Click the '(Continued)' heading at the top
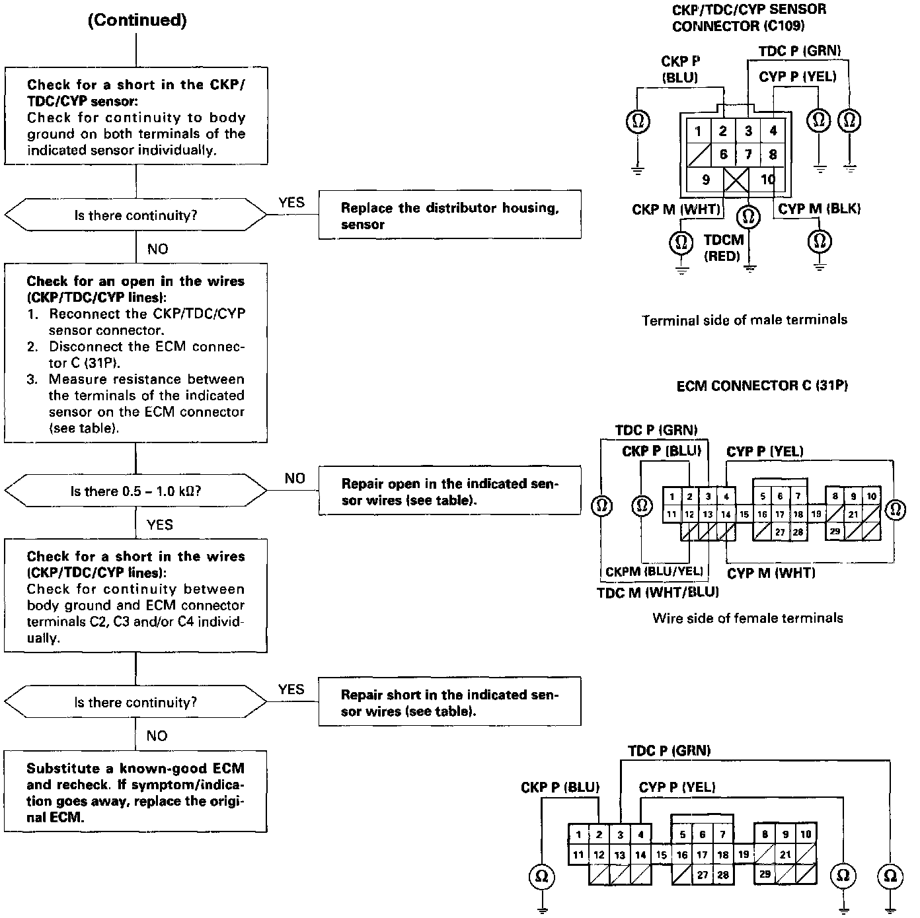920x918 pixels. [x=137, y=20]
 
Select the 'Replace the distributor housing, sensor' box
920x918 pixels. [x=449, y=215]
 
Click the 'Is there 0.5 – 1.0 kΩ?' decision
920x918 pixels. [x=135, y=491]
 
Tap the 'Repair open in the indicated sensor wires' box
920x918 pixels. [x=449, y=491]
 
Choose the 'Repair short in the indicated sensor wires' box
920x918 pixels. [x=449, y=702]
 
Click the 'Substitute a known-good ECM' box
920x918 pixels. [x=135, y=792]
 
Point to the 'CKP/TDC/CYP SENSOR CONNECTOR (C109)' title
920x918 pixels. [x=748, y=18]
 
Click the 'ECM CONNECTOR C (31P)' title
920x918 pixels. [x=761, y=386]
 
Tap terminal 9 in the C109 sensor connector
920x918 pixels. [x=706, y=180]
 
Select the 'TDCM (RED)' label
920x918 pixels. [x=723, y=248]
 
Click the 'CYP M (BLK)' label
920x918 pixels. [x=819, y=209]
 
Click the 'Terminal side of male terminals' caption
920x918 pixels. [x=744, y=320]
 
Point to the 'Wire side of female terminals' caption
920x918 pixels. [x=747, y=619]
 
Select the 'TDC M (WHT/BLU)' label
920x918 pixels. [x=657, y=592]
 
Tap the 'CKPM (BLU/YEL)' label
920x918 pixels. [x=654, y=571]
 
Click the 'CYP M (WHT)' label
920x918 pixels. [x=771, y=573]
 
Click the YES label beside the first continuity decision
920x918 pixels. [x=291, y=202]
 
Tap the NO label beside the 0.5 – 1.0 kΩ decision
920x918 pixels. [x=295, y=478]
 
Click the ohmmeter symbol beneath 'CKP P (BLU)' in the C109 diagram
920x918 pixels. [x=638, y=121]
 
